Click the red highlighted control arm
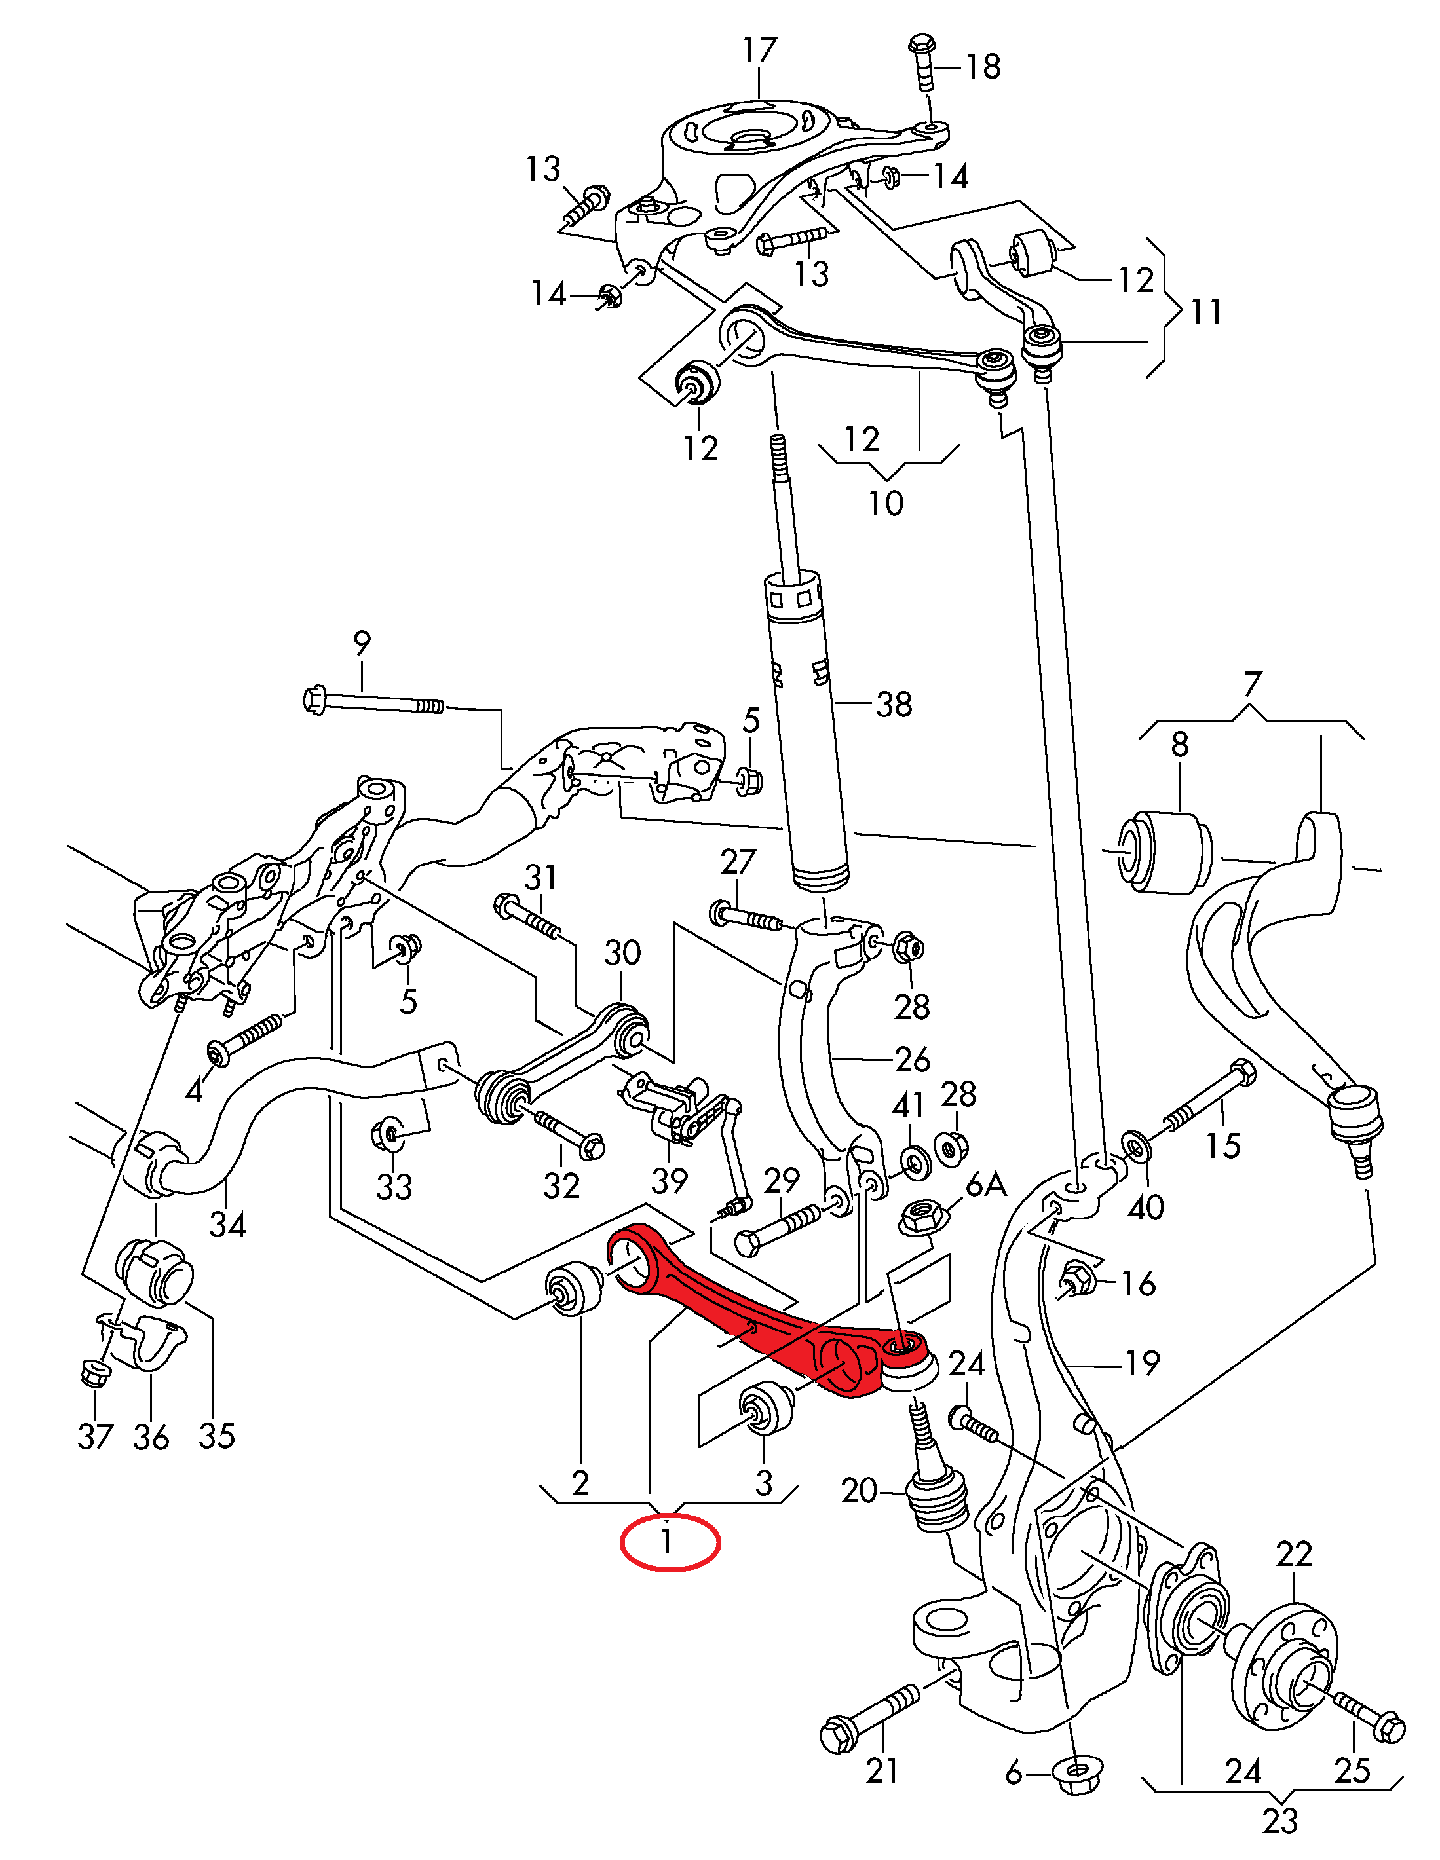pyautogui.click(x=742, y=1312)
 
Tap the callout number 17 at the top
pyautogui.click(x=759, y=50)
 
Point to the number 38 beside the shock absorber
pyautogui.click(x=894, y=704)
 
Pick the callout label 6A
pyautogui.click(x=987, y=1185)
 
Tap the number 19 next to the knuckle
pyautogui.click(x=1142, y=1364)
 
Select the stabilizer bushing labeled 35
pyautogui.click(x=154, y=1274)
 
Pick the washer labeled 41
pyautogui.click(x=916, y=1161)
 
